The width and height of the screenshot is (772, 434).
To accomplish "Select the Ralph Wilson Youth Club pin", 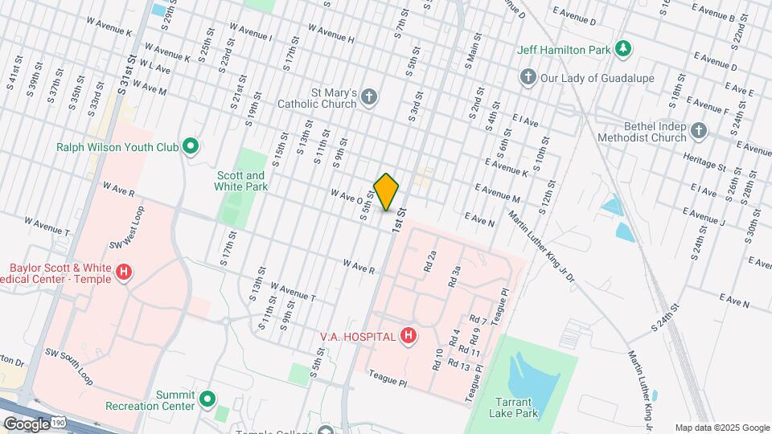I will click(x=191, y=146).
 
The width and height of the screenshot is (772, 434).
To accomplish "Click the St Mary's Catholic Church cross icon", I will click(x=369, y=97).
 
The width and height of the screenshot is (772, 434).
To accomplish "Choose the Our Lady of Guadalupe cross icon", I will click(x=528, y=78).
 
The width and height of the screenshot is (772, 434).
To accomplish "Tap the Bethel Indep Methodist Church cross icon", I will click(x=699, y=130).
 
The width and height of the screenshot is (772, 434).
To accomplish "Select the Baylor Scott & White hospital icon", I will click(x=123, y=273).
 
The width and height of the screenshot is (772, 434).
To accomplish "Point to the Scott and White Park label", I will click(x=240, y=181).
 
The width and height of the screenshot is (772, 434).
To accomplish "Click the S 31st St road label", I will click(x=129, y=71).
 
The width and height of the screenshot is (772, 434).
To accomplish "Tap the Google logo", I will click(x=27, y=424).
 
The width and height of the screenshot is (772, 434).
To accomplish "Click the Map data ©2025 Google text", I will click(x=721, y=428).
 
